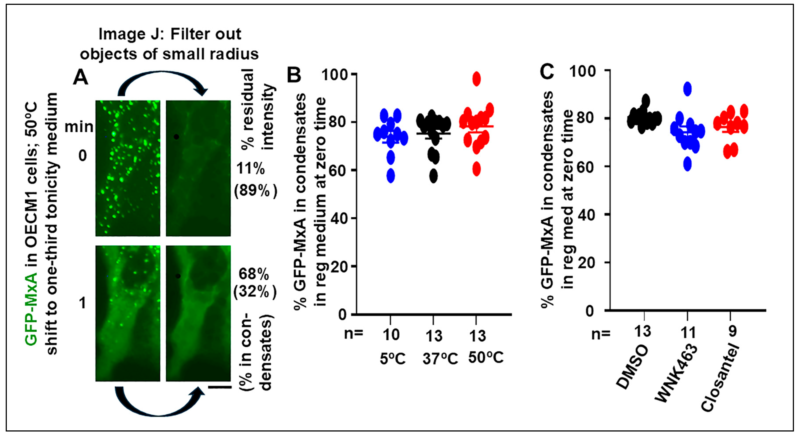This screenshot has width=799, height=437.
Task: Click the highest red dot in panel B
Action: pos(476,79)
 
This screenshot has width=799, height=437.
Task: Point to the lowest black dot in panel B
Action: pos(433,176)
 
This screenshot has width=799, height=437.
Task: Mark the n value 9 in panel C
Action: pos(732,332)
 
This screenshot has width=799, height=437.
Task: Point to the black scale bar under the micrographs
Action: pos(220,387)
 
